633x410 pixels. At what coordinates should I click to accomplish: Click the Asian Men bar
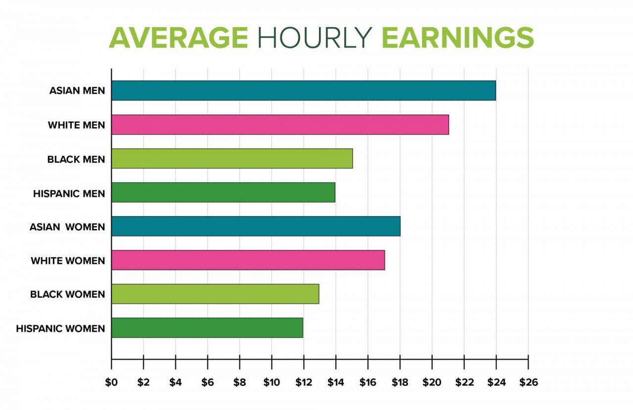point(303,91)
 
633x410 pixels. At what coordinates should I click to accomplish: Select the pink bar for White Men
point(280,125)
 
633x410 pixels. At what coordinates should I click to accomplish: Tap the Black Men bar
point(232,158)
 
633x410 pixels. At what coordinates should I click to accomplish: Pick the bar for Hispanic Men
point(223,192)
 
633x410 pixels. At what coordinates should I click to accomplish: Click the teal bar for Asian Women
point(256,226)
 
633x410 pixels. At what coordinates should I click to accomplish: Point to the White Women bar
point(248,260)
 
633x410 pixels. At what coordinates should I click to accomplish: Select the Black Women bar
point(215,294)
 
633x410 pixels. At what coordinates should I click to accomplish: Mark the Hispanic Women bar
point(207,328)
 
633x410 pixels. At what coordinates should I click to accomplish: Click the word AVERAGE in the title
point(179,38)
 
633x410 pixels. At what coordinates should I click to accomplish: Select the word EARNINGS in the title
point(457,38)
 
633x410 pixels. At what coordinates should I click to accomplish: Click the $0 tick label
point(111,382)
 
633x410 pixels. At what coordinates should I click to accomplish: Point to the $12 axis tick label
point(303,382)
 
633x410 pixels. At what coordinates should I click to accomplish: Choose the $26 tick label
point(528,382)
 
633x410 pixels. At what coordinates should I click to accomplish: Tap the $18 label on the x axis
point(400,382)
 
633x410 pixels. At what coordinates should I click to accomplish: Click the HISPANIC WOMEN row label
point(60,328)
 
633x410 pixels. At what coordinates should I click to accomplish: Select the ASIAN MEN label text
point(77,91)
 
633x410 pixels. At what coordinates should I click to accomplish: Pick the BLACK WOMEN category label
point(68,294)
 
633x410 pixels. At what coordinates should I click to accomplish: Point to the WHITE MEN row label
point(76,125)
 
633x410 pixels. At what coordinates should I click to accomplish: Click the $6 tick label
point(207,382)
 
